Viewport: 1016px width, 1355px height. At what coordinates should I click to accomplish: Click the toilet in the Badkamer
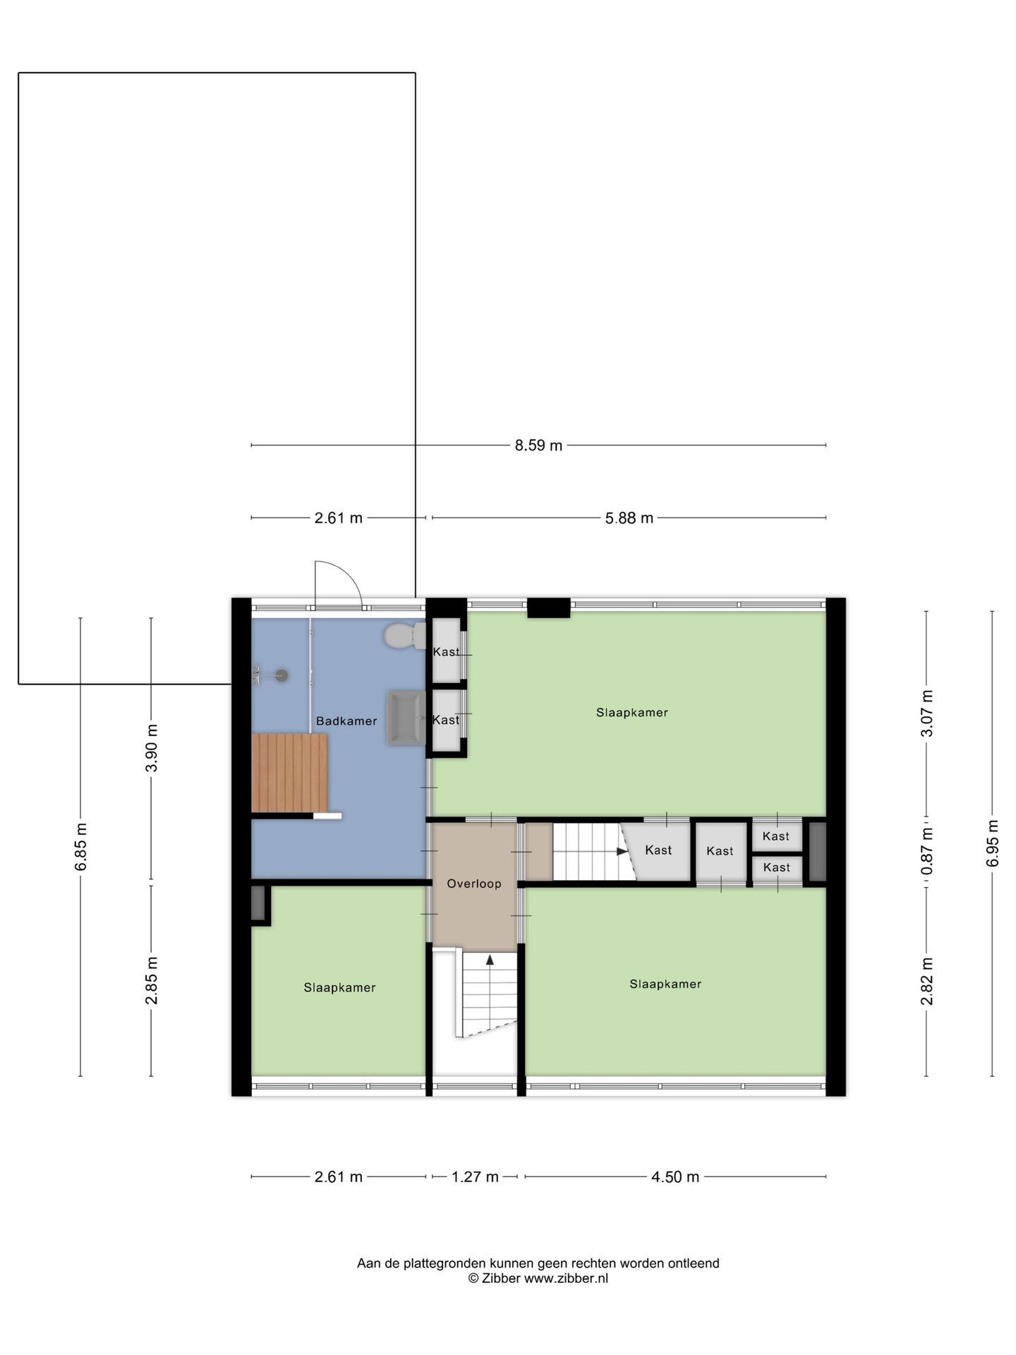[x=403, y=636]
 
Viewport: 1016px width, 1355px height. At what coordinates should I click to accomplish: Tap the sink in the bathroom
[x=406, y=718]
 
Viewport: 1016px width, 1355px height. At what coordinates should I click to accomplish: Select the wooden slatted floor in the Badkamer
[x=290, y=773]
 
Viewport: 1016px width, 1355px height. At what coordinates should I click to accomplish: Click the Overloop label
[x=474, y=884]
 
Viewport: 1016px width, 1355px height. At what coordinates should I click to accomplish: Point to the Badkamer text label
[x=346, y=721]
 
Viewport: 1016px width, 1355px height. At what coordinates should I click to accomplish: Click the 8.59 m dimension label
[x=538, y=445]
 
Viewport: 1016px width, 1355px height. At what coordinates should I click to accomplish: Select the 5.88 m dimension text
[x=629, y=518]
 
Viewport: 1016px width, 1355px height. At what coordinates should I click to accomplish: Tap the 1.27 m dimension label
[x=475, y=1176]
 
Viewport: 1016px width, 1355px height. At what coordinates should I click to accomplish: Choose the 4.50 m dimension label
[x=675, y=1176]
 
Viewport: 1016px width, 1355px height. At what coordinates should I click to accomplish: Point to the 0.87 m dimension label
[x=927, y=851]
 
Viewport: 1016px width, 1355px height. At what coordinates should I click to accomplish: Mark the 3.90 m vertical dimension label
[x=151, y=748]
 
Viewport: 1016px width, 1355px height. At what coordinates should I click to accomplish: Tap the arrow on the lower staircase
[x=490, y=959]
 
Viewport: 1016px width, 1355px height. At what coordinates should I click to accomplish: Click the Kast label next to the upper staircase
[x=658, y=850]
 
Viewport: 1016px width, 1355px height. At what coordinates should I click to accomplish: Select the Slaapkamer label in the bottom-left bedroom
[x=339, y=988]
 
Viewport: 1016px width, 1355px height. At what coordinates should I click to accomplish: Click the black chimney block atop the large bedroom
[x=548, y=608]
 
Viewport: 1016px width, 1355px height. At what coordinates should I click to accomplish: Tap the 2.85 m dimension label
[x=151, y=981]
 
